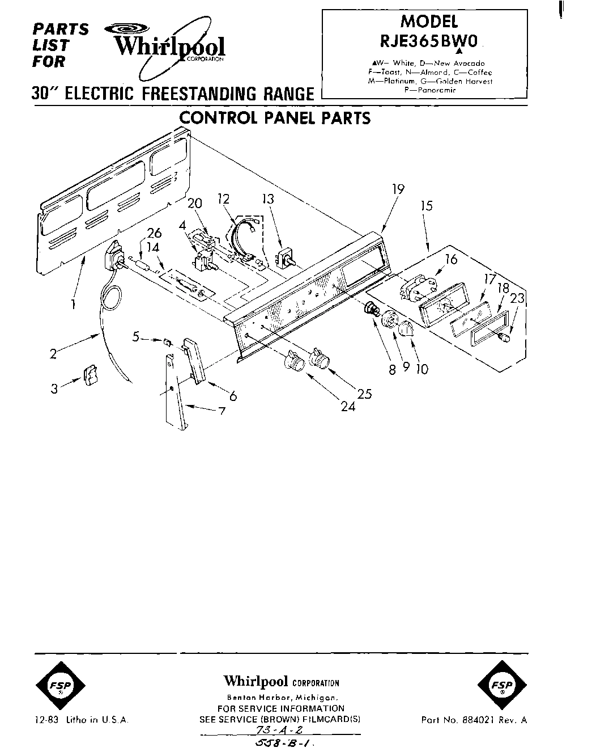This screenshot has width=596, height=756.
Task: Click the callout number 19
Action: [x=398, y=189]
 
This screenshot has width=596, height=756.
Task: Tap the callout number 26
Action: [x=154, y=233]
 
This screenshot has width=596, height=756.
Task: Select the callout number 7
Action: [x=222, y=411]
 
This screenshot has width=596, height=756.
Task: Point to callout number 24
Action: [x=348, y=407]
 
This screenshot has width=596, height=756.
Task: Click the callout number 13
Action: [x=268, y=199]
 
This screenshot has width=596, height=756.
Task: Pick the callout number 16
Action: [x=451, y=260]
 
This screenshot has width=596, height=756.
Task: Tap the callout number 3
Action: [x=54, y=389]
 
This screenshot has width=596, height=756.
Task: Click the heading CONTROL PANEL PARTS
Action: [x=275, y=118]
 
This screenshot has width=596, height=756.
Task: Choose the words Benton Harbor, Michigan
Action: [x=281, y=697]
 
